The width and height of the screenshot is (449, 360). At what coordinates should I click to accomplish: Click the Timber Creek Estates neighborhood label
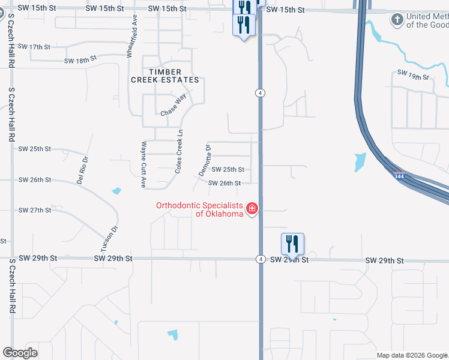(x=165, y=76)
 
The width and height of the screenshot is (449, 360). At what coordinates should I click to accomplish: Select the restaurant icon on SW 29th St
(x=292, y=244)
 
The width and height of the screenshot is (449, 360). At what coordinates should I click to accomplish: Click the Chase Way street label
(x=173, y=105)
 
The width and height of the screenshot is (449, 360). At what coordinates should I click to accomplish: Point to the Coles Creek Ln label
(x=178, y=152)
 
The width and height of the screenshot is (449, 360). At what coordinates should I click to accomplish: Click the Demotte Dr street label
(x=205, y=160)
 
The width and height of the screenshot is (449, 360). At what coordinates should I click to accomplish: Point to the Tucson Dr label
(x=107, y=238)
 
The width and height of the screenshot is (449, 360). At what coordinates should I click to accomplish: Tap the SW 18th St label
(x=81, y=59)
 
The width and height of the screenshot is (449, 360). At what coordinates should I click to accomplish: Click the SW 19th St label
(x=413, y=74)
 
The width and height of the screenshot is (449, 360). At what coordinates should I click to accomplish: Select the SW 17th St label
(x=34, y=46)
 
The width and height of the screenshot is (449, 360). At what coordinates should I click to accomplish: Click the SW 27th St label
(x=35, y=211)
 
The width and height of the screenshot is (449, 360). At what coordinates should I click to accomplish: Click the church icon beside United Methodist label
(x=396, y=20)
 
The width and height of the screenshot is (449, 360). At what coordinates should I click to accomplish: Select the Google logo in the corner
(x=20, y=353)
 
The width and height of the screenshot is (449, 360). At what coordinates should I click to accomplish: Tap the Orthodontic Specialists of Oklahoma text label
(x=199, y=209)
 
